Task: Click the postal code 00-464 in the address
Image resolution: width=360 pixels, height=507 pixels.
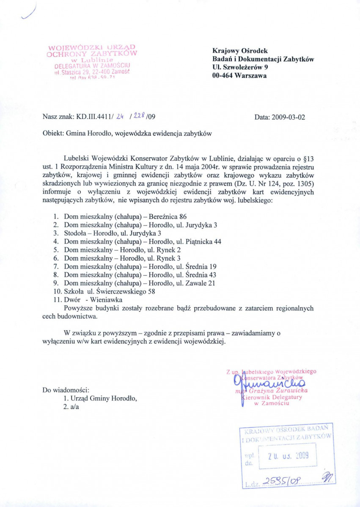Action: tap(223, 76)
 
